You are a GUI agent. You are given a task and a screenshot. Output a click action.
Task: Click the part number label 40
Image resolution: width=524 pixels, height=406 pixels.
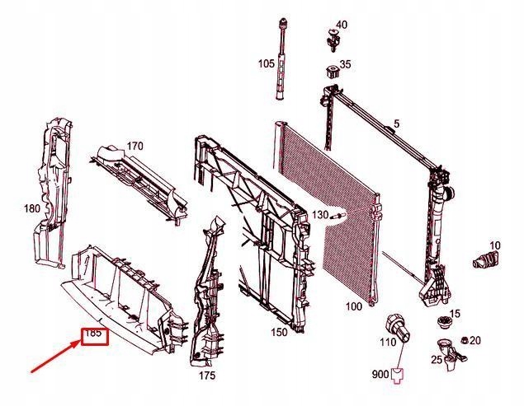pos(341,25)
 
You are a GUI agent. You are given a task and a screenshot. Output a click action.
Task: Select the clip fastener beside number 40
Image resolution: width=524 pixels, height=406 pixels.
pos(333,40)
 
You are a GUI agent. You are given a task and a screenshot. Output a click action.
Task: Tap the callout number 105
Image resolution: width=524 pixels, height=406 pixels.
pos(266,63)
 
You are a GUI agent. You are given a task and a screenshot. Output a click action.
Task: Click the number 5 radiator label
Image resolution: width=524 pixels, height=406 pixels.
pos(396,124)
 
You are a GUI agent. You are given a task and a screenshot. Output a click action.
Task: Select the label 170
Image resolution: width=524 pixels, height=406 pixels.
pos(135,146)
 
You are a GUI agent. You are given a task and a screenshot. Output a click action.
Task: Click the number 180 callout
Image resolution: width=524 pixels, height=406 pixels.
pos(32,208)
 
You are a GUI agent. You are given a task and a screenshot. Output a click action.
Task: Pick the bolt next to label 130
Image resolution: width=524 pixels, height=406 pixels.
pos(338,216)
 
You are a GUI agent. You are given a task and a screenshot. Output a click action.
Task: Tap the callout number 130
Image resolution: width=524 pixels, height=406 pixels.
pos(320,215)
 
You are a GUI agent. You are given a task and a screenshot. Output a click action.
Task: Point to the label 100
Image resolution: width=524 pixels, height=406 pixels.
pos(353,306)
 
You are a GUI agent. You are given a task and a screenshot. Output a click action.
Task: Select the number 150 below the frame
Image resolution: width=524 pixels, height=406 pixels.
pos(279,332)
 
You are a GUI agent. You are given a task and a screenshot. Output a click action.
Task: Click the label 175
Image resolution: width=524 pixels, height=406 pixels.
pos(207,376)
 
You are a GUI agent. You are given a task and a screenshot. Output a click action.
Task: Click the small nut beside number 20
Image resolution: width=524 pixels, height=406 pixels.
pos(464,341)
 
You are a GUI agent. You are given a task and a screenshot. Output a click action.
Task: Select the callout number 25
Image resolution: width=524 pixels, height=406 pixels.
pos(437,360)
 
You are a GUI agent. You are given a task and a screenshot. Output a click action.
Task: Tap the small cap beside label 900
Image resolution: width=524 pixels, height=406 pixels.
pos(398,376)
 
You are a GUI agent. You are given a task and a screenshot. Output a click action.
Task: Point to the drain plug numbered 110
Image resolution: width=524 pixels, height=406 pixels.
pos(398,328)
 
